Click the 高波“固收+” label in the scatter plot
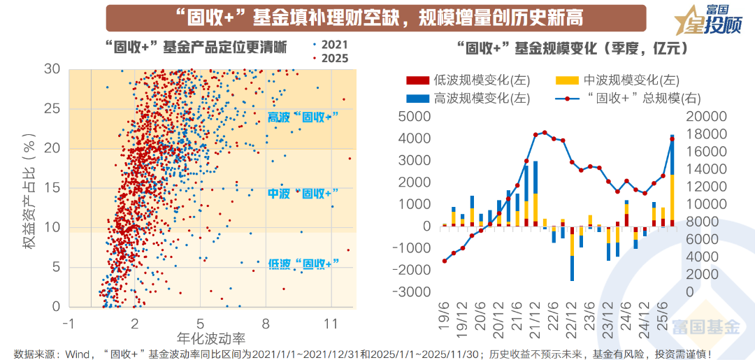tap(303, 118)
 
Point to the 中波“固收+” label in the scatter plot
tap(303, 193)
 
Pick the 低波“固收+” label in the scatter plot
tap(303, 263)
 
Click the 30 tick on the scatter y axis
tap(52, 69)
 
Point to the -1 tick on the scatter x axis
tap(68, 324)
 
